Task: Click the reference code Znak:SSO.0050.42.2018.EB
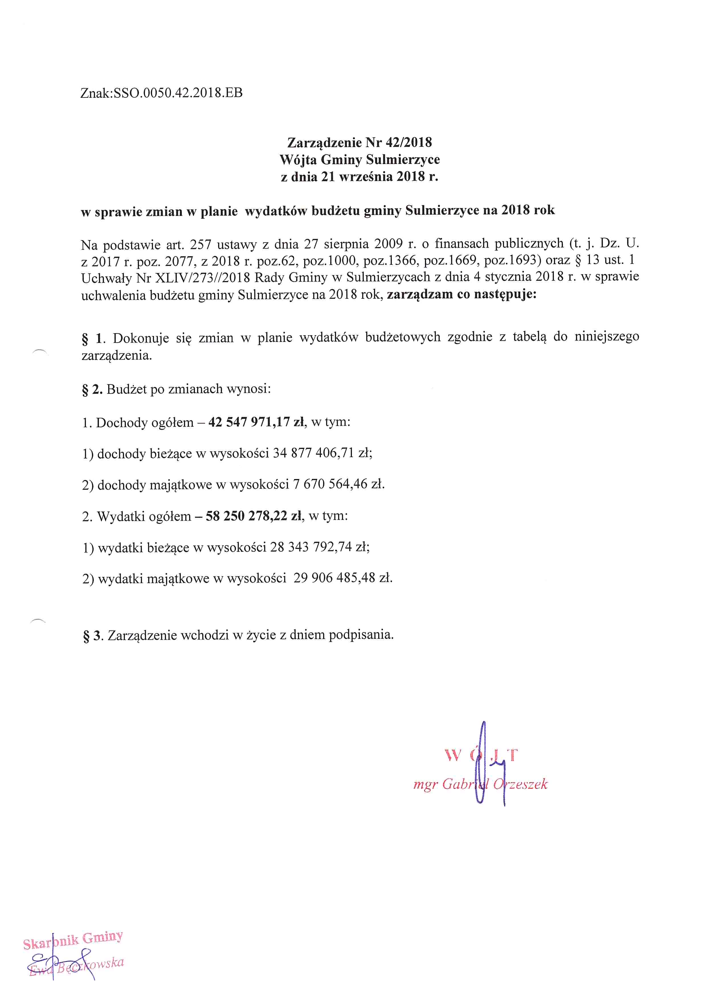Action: [161, 93]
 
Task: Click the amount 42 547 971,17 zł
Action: [256, 422]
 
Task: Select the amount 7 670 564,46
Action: [330, 484]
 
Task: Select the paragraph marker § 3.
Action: [93, 636]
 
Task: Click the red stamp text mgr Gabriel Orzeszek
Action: [480, 784]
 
